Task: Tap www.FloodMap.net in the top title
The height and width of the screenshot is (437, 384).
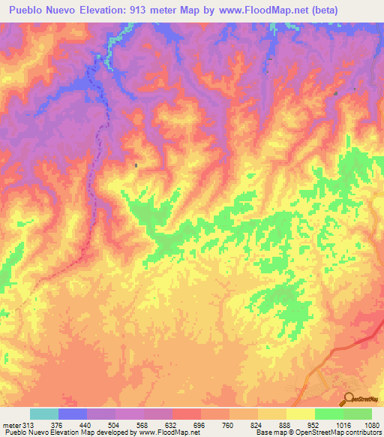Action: pyautogui.click(x=262, y=11)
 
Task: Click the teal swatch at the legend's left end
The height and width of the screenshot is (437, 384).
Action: pyautogui.click(x=44, y=414)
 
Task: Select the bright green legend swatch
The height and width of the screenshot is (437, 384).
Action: pyautogui.click(x=328, y=414)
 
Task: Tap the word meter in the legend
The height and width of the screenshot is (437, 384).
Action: pyautogui.click(x=10, y=424)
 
